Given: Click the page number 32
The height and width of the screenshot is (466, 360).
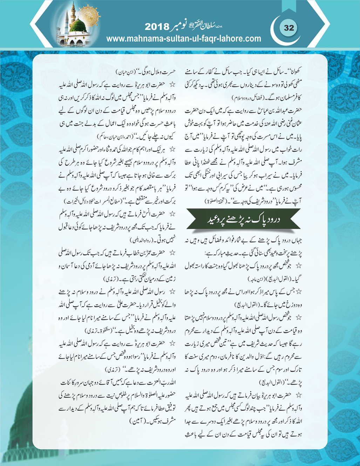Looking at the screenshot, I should click(x=289, y=28).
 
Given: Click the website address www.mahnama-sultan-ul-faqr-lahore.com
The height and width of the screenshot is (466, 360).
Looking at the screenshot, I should click(x=184, y=39).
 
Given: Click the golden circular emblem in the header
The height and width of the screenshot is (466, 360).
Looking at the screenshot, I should click(x=87, y=14).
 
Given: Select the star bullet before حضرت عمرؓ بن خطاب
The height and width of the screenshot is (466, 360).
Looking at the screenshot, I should click(x=172, y=252).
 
